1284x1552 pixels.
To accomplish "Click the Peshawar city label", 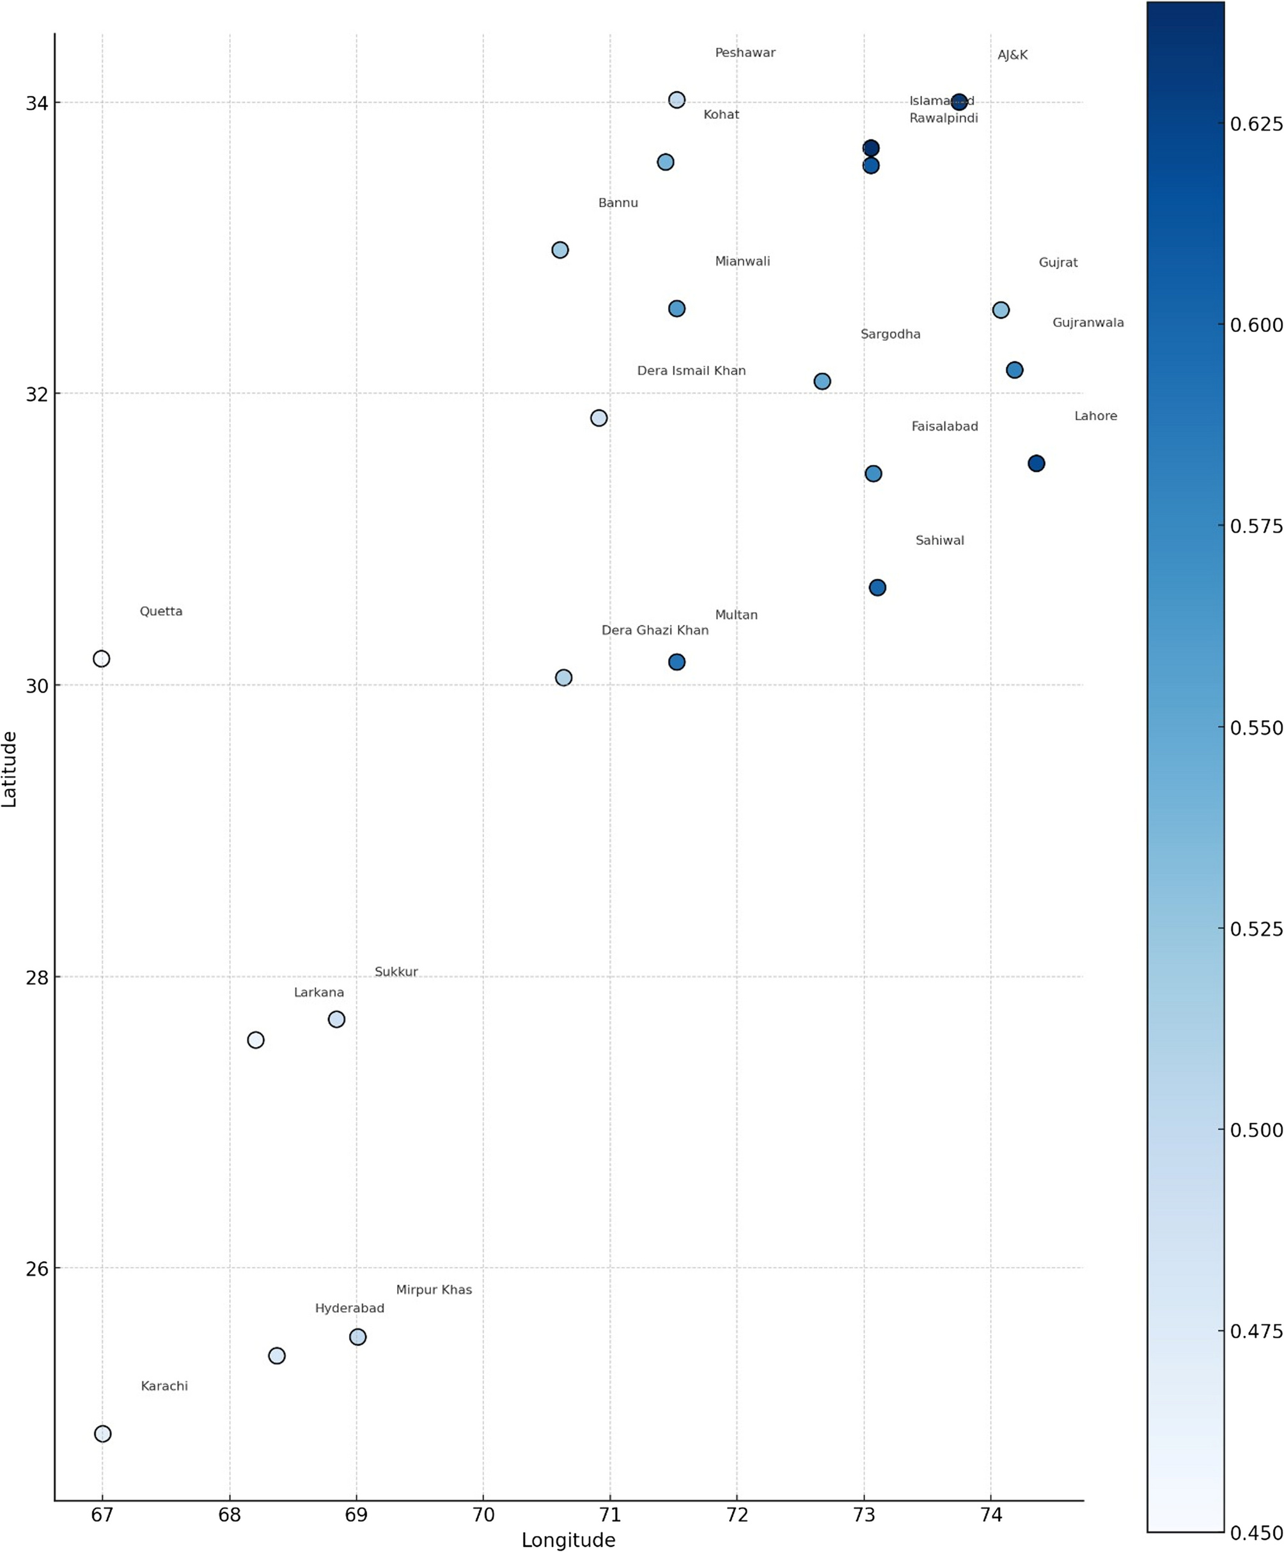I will [x=744, y=53].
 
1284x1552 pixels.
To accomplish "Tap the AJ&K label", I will [x=1012, y=56].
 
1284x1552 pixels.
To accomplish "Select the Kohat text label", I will [x=721, y=114].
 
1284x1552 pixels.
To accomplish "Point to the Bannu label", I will [x=617, y=203].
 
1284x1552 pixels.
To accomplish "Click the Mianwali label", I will [x=742, y=262].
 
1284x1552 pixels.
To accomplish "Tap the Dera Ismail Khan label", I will [x=691, y=371].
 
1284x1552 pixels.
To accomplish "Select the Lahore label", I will [x=1095, y=417].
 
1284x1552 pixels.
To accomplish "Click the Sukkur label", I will [x=396, y=972].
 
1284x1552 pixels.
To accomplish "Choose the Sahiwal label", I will [x=939, y=541].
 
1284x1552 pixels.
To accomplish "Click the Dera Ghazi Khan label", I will [x=654, y=631].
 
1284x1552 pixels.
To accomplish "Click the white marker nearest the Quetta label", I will [x=101, y=659].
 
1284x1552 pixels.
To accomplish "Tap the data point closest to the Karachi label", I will [x=103, y=1434].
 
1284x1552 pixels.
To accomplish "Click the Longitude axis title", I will [x=568, y=1539].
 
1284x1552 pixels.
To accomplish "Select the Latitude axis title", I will [x=10, y=769].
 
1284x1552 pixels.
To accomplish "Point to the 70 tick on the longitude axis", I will [x=483, y=1514].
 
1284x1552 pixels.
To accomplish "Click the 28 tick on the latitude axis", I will [x=37, y=977].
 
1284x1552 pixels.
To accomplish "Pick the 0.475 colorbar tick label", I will [x=1256, y=1331].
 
